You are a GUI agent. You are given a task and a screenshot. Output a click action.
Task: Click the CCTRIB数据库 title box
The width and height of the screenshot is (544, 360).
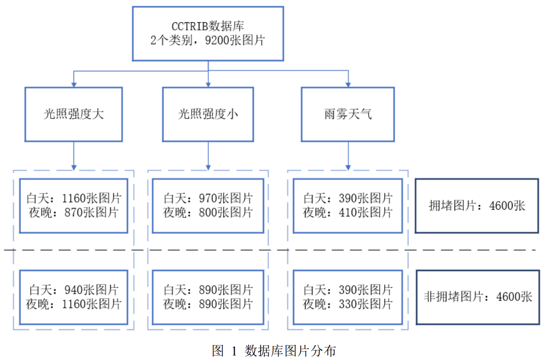pyautogui.click(x=208, y=33)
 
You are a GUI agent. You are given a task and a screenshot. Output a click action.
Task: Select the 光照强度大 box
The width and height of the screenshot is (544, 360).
pyautogui.click(x=74, y=114)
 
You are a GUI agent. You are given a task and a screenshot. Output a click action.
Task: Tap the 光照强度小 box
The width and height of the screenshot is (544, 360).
pyautogui.click(x=208, y=114)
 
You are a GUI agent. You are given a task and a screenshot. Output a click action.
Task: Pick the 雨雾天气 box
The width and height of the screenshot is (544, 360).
pyautogui.click(x=348, y=114)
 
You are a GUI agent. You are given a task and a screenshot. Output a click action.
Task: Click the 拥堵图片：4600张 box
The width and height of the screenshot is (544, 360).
pyautogui.click(x=477, y=206)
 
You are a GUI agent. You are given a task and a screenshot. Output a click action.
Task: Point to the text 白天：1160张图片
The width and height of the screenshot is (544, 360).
pyautogui.click(x=74, y=198)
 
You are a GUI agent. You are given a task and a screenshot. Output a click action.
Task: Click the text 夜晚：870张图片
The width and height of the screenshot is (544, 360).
pyautogui.click(x=74, y=212)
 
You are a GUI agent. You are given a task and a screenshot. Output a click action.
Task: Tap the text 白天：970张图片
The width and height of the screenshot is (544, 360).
pyautogui.click(x=208, y=198)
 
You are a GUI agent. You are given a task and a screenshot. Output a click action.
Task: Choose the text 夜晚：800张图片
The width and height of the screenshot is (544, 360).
pyautogui.click(x=208, y=212)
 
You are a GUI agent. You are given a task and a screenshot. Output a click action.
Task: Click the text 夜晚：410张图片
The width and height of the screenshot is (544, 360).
pyautogui.click(x=348, y=212)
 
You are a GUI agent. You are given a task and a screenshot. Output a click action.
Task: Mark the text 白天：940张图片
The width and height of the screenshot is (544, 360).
pyautogui.click(x=74, y=290)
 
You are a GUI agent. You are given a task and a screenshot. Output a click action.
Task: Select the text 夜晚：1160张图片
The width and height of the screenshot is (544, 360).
pyautogui.click(x=74, y=304)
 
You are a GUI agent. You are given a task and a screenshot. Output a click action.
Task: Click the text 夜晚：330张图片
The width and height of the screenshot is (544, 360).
pyautogui.click(x=348, y=304)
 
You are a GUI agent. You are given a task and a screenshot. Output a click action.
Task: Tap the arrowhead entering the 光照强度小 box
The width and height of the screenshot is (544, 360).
pyautogui.click(x=208, y=84)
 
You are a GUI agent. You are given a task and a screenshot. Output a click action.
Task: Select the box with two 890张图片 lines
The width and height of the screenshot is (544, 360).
pyautogui.click(x=208, y=297)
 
